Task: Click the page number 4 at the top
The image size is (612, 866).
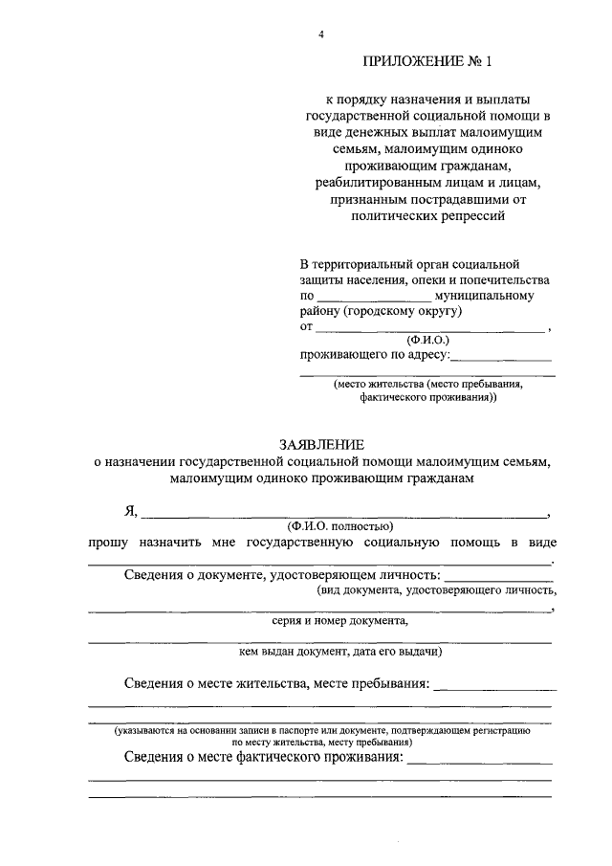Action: click(322, 35)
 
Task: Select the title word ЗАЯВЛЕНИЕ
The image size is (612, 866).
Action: click(321, 444)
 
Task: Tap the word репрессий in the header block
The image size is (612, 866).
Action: click(472, 217)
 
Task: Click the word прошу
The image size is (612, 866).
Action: click(111, 543)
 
